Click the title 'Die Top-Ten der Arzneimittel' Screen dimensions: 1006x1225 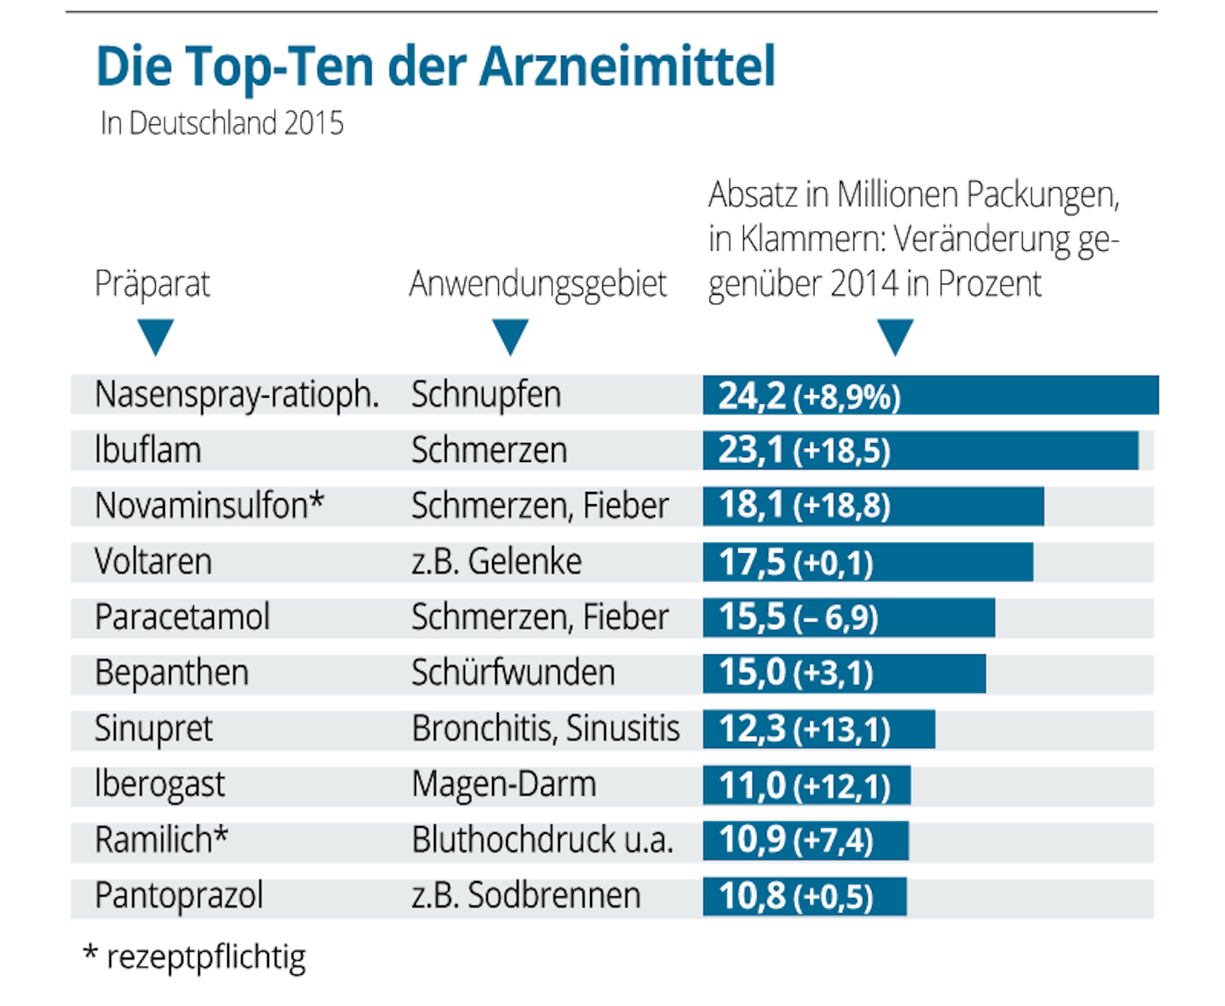click(x=435, y=66)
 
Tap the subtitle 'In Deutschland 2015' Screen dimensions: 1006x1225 click(x=221, y=123)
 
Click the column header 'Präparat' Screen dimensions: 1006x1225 click(x=152, y=284)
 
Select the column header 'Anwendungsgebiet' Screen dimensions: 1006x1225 click(x=537, y=284)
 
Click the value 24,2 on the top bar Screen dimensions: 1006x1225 click(x=751, y=395)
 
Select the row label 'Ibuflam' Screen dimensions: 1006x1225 click(x=148, y=450)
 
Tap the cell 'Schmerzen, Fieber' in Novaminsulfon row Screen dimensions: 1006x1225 click(x=539, y=506)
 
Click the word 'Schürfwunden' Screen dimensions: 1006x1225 click(x=513, y=673)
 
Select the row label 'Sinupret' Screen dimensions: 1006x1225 click(x=153, y=729)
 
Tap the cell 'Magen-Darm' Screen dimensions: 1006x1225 click(x=504, y=784)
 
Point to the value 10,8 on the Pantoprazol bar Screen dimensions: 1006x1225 click(x=751, y=896)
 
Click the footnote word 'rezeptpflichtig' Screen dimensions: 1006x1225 click(x=206, y=957)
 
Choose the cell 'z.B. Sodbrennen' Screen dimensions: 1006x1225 click(x=526, y=896)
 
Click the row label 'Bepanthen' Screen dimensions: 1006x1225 click(x=172, y=673)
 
